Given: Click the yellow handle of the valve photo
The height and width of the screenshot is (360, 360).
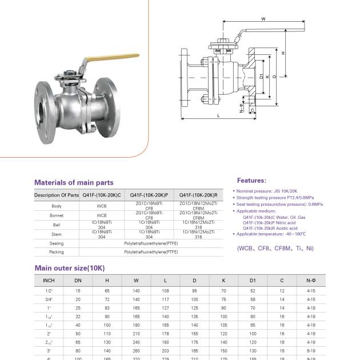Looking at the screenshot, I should coord(97,59).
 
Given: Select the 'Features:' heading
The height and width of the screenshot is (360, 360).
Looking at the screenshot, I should coord(251,180).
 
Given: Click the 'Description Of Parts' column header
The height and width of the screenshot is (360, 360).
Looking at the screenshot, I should coord(57,195).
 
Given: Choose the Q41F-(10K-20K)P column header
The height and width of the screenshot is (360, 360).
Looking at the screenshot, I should coord(149,195).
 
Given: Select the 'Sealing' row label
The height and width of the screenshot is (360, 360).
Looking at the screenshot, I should coord(57,243).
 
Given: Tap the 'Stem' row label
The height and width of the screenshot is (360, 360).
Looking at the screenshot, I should coord(57,234).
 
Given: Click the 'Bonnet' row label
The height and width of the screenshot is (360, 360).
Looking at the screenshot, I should coord(57,215).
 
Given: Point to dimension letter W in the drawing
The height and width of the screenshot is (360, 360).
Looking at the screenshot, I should coord(263,19).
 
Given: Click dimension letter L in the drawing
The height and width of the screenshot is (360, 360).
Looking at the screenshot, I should coord(218,116).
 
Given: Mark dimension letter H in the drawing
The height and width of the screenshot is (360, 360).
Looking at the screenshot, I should coord(284,53).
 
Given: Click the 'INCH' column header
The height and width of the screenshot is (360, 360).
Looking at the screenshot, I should coord(49,281).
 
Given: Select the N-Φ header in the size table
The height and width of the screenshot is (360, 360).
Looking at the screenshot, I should coord(311,281).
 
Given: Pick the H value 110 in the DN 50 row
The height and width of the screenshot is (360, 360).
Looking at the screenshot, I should coord(107,333).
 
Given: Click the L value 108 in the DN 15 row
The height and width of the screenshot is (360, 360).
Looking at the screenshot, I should coord(165,291).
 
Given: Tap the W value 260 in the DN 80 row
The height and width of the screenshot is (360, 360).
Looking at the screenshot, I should coord(136,350).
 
